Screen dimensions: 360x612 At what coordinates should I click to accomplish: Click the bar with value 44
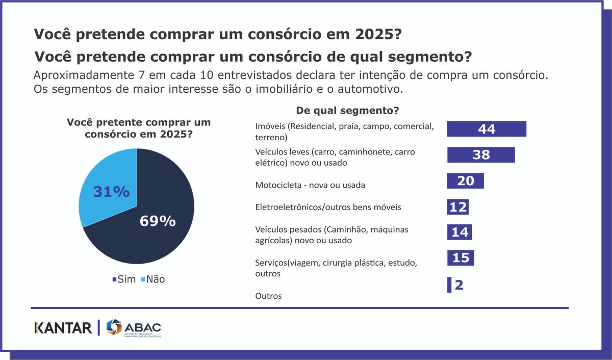[486, 129]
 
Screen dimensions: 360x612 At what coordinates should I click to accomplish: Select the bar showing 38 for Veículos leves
[480, 155]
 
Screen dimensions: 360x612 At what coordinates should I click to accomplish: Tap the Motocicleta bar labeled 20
[465, 181]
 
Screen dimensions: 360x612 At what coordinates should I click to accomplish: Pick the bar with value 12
[457, 207]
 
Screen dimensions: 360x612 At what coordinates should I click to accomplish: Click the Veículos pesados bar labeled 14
[460, 232]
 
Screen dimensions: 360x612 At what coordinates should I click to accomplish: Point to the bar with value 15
[461, 258]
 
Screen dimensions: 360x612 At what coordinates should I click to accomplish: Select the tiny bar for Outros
[449, 285]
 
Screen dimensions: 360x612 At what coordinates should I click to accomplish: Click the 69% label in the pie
[158, 221]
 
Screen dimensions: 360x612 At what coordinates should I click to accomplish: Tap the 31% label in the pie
[111, 192]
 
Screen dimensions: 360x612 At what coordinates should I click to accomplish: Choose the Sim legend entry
[124, 279]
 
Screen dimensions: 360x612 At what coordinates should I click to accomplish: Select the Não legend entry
[152, 279]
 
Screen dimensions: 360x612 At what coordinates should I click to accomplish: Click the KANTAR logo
[63, 328]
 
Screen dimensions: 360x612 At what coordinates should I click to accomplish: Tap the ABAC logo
[134, 328]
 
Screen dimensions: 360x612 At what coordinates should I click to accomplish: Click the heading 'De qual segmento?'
[347, 110]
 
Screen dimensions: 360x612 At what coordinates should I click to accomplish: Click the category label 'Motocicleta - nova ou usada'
[310, 185]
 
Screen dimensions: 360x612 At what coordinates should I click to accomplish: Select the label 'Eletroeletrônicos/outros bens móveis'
[328, 207]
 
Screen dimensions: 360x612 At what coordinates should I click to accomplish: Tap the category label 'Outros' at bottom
[268, 296]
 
